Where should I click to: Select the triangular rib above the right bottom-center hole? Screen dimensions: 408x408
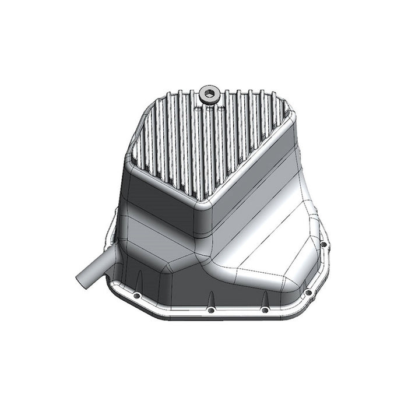[263, 298]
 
